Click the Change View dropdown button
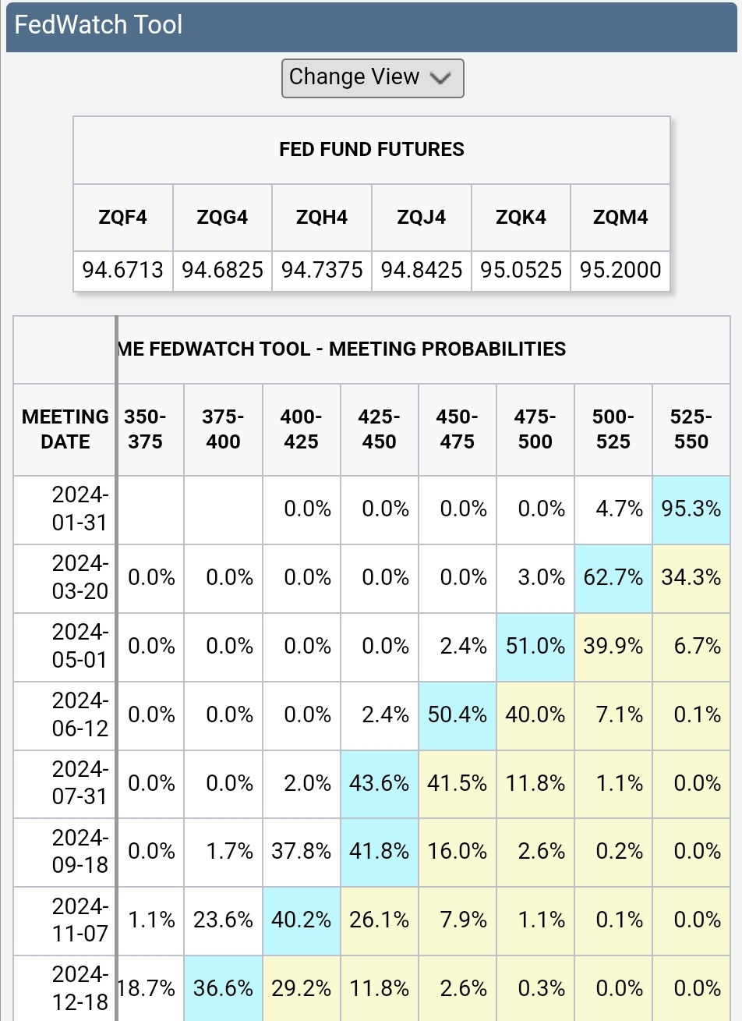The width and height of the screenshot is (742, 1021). click(x=373, y=78)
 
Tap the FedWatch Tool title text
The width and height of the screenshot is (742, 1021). click(x=98, y=25)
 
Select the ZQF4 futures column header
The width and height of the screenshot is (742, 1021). click(x=123, y=218)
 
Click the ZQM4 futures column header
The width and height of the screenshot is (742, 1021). click(x=620, y=218)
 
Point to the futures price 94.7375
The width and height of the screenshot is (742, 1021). click(x=322, y=271)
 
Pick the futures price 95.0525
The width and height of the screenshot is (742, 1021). click(x=521, y=271)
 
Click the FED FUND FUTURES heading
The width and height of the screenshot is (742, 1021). click(x=372, y=150)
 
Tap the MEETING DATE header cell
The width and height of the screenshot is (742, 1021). click(x=65, y=429)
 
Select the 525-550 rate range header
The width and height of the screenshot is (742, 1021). click(x=691, y=429)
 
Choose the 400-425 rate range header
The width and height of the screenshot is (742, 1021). click(x=302, y=429)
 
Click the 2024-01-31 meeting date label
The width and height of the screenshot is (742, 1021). click(x=79, y=509)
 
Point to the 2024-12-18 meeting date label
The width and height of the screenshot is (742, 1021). click(x=79, y=987)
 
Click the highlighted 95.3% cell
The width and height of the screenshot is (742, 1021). click(x=691, y=509)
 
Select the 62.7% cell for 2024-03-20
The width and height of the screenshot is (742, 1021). click(x=613, y=578)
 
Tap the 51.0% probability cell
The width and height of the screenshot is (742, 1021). click(x=535, y=647)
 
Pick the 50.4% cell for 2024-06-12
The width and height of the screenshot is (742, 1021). click(x=458, y=715)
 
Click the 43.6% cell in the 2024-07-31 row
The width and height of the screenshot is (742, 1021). click(x=380, y=783)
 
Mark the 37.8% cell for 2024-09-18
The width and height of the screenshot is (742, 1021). click(x=302, y=852)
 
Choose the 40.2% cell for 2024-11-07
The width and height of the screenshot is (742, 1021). click(x=302, y=920)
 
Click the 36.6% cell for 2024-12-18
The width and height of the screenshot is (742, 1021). click(x=224, y=988)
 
